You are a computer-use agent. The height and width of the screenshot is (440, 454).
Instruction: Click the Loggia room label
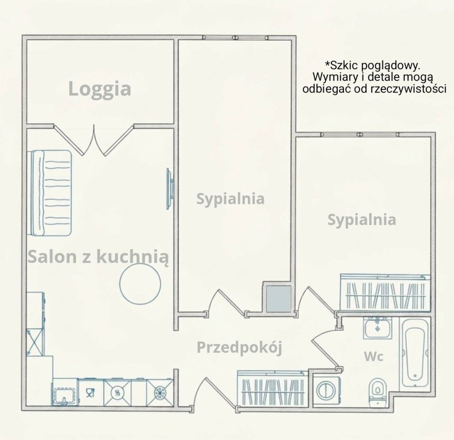click(99, 89)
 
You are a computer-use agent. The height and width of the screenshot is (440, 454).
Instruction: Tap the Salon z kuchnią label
click(98, 257)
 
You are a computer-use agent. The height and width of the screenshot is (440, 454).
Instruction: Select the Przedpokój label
click(239, 347)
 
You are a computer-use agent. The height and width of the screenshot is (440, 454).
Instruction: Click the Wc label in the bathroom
click(373, 356)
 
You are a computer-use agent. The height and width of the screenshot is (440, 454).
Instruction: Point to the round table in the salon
click(140, 284)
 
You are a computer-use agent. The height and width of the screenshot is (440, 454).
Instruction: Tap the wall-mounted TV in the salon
click(170, 189)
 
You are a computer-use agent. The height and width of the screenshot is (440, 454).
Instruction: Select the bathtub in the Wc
click(415, 353)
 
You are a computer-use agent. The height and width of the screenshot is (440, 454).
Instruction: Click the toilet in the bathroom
click(377, 391)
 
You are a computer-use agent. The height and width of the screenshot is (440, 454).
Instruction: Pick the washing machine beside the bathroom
click(327, 390)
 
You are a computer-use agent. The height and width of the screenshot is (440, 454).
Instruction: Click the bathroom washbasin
click(377, 328)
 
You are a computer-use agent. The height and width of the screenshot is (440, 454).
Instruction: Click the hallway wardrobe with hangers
click(273, 389)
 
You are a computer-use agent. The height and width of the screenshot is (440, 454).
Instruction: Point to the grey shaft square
click(279, 299)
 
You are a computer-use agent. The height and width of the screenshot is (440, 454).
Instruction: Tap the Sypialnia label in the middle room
click(230, 199)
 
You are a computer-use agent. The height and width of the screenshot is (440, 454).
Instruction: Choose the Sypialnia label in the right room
click(361, 220)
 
